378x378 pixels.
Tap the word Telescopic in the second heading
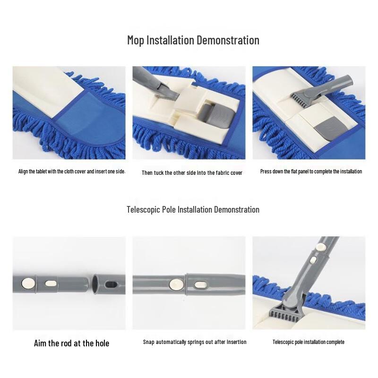point(145,209)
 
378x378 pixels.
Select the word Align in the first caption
point(24,172)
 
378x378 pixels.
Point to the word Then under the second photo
point(147,173)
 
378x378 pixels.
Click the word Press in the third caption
point(266,172)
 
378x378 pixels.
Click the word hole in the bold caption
point(101,343)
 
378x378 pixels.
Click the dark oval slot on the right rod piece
point(113,284)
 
